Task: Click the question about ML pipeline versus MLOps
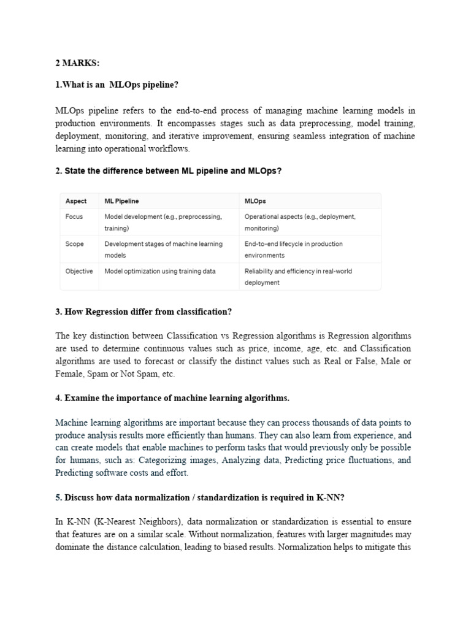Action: pyautogui.click(x=168, y=171)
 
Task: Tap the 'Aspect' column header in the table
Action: pyautogui.click(x=76, y=201)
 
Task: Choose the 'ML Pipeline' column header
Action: pyautogui.click(x=121, y=201)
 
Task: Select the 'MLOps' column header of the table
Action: pyautogui.click(x=255, y=201)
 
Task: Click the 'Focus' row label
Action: pyautogui.click(x=74, y=216)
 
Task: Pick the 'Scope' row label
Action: pyautogui.click(x=75, y=243)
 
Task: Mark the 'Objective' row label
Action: pyautogui.click(x=79, y=270)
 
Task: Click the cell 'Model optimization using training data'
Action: pyautogui.click(x=159, y=270)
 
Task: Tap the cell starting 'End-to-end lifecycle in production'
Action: pyautogui.click(x=293, y=249)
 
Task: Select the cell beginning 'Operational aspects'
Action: pyautogui.click(x=299, y=222)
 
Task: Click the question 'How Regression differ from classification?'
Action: pyautogui.click(x=144, y=312)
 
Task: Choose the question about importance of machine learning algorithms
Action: pyautogui.click(x=172, y=398)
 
